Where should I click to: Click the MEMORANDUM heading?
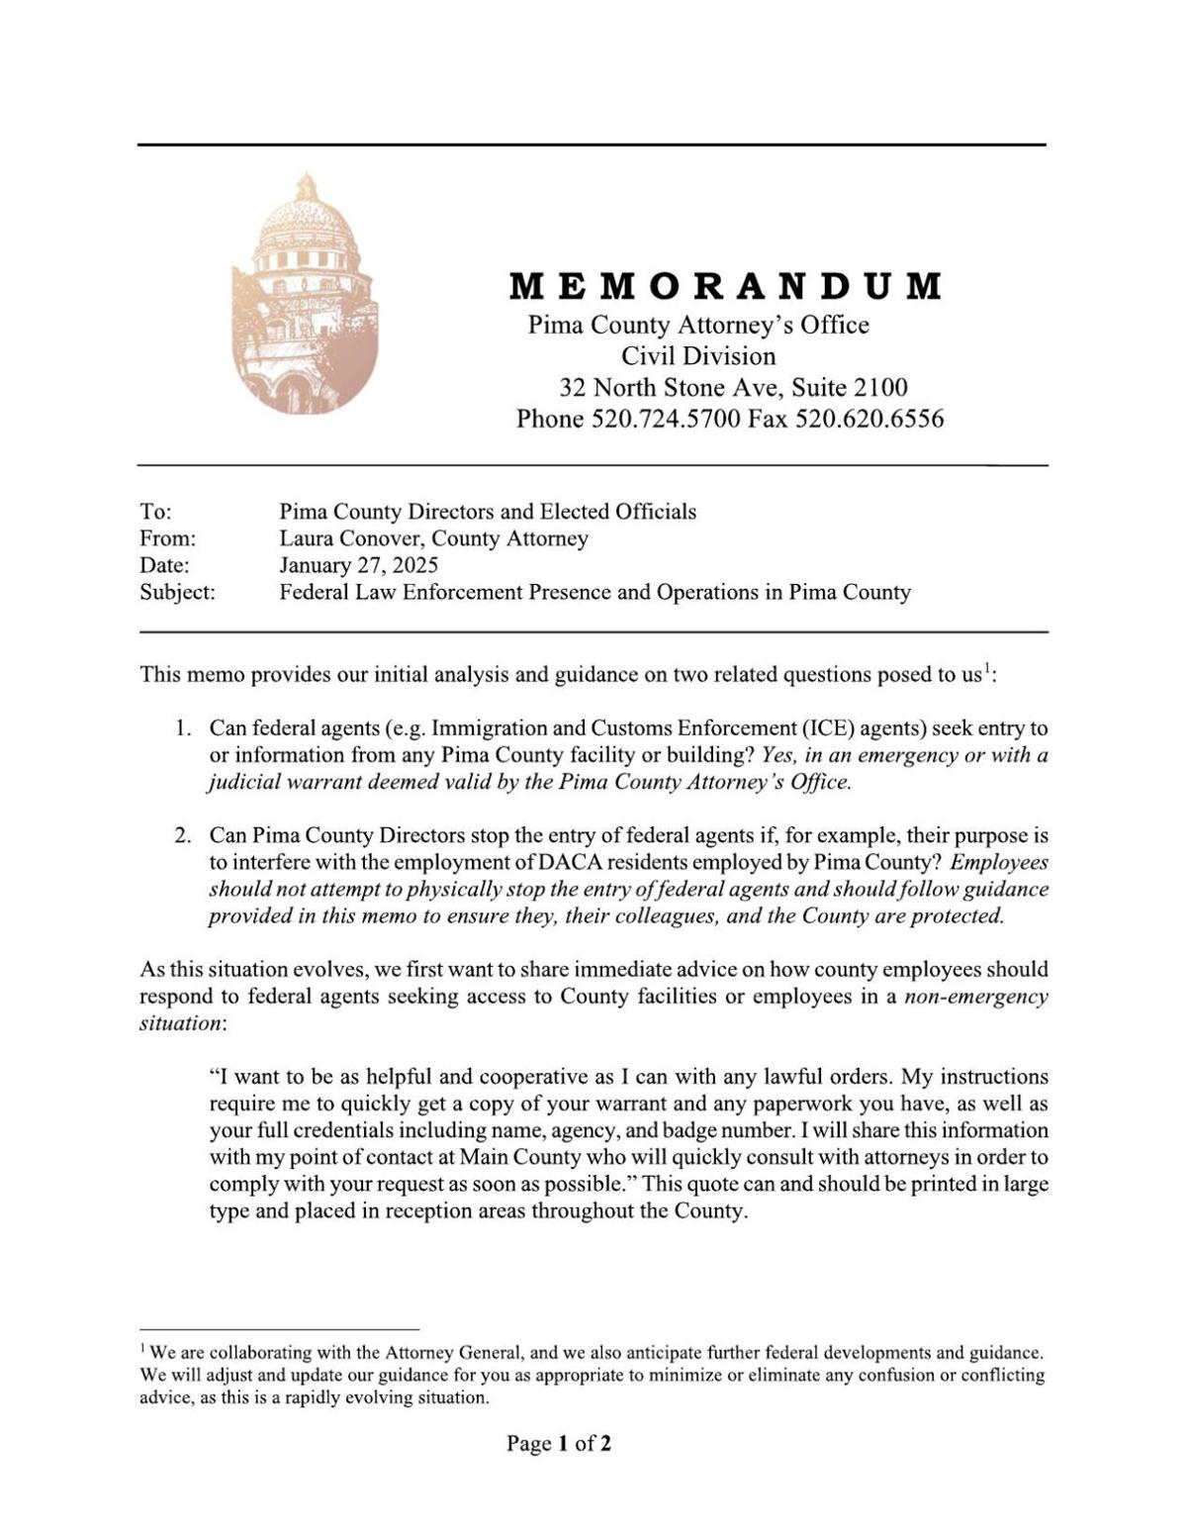pos(726,286)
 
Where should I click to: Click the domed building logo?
pos(305,294)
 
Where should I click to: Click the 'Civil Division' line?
pos(698,355)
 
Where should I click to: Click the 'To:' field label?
pos(155,512)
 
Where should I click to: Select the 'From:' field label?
pos(167,538)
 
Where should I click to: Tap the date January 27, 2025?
pos(358,565)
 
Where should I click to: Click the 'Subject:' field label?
pos(177,593)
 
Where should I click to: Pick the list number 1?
pos(182,728)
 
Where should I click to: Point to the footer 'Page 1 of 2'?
pos(559,1443)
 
